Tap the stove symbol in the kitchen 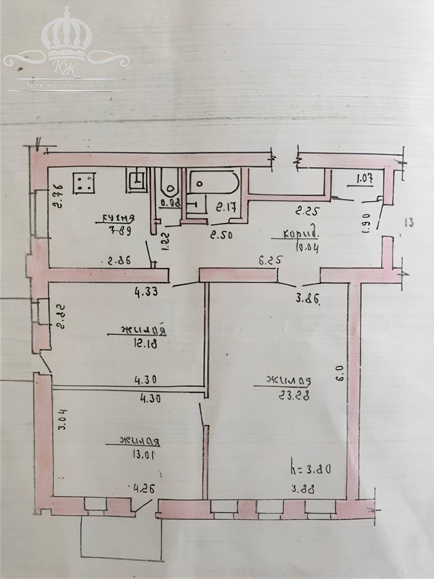tap(84, 182)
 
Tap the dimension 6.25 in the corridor tap(271, 260)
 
